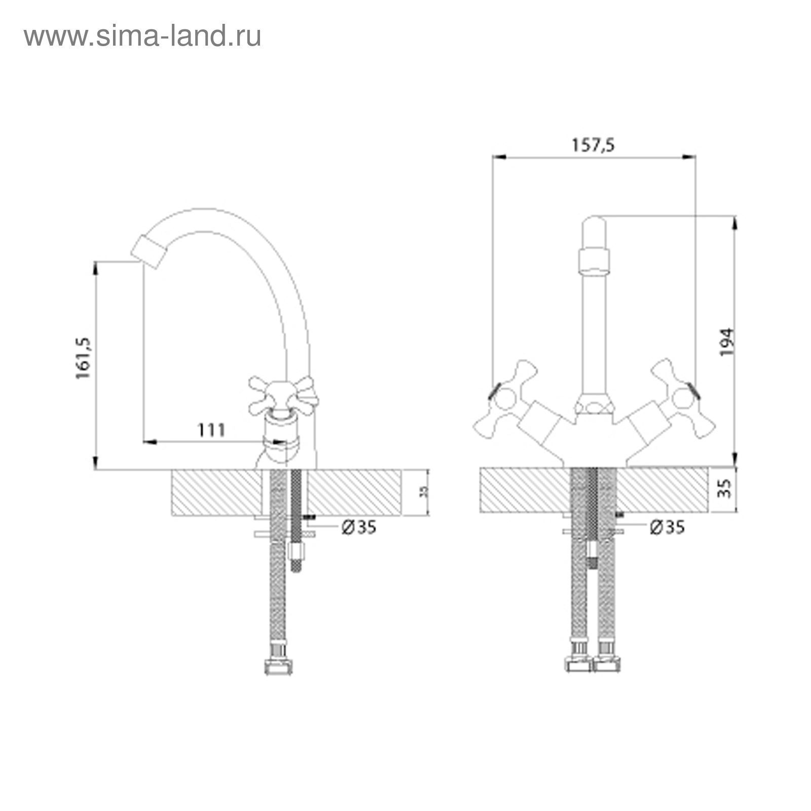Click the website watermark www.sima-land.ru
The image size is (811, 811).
142,36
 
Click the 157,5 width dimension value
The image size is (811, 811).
593,145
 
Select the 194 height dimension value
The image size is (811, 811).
727,342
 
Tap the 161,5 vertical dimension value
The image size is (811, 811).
83,358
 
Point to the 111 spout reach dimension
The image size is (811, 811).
211,430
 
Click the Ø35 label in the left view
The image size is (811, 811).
359,528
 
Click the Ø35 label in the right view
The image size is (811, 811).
667,527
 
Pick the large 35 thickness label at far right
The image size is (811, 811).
726,488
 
